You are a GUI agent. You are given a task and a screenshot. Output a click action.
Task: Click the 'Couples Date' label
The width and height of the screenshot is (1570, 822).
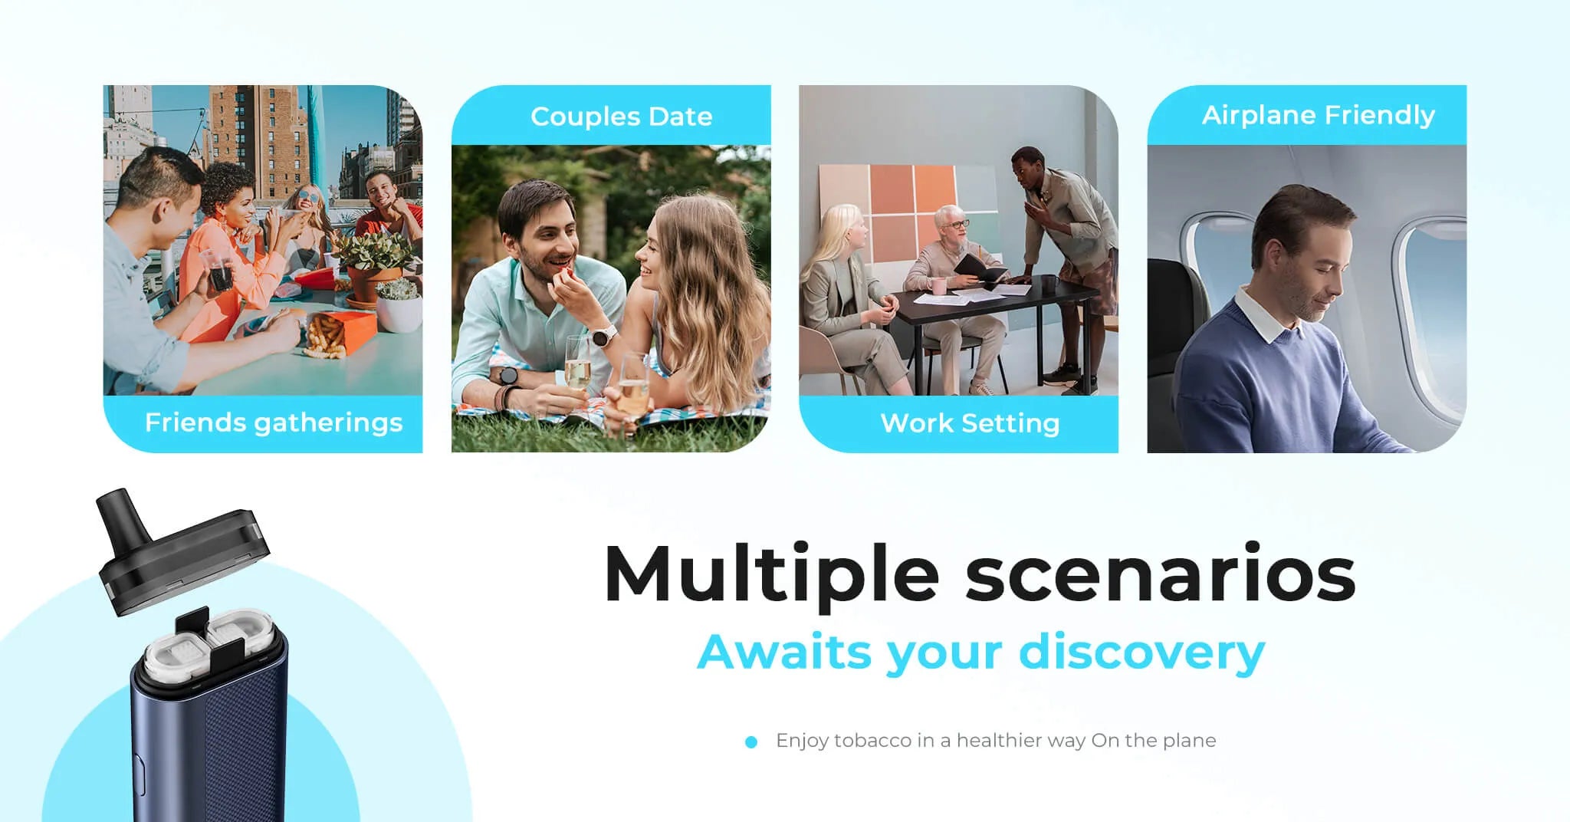tap(621, 117)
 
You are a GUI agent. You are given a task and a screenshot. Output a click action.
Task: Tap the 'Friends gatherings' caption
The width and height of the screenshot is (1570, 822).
tap(274, 423)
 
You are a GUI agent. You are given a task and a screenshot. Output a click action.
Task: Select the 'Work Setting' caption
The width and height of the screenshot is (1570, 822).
tap(970, 423)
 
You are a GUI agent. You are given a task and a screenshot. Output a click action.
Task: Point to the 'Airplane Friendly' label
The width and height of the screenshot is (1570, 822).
tap(1318, 115)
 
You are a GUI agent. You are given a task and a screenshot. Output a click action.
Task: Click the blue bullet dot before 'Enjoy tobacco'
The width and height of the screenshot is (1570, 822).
tap(751, 741)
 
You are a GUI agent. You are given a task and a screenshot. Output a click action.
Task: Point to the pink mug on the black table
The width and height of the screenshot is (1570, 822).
tap(939, 287)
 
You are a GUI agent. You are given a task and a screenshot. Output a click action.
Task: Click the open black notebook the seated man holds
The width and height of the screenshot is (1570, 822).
tap(980, 270)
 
